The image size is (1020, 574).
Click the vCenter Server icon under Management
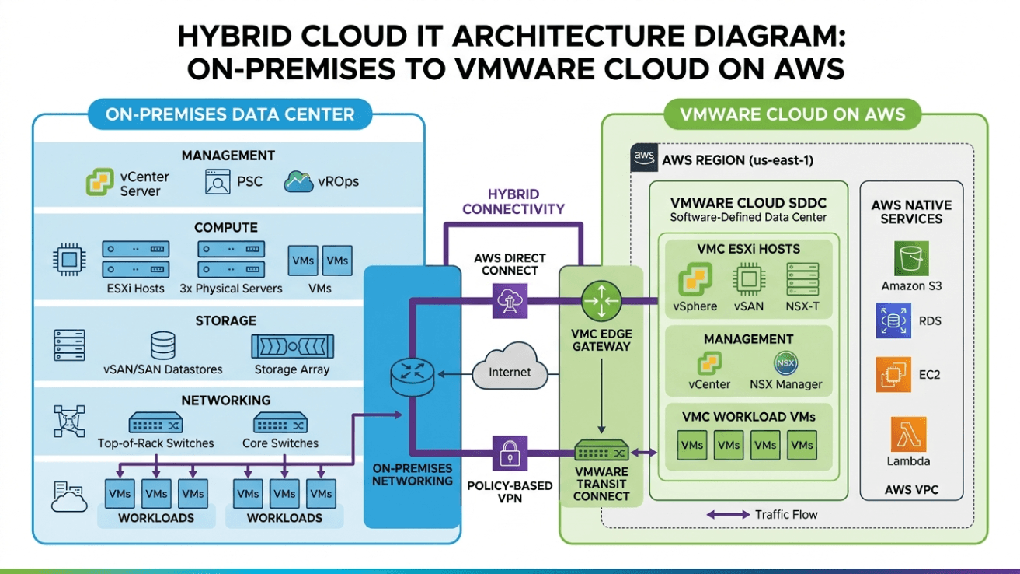(100, 181)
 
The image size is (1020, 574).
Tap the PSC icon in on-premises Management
(218, 182)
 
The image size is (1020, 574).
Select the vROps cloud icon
(299, 181)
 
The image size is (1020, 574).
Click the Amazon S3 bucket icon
(911, 258)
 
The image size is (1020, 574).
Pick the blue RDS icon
(893, 320)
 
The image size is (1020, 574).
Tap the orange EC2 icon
(893, 375)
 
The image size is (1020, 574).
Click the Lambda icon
(908, 434)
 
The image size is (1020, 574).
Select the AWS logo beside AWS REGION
(644, 158)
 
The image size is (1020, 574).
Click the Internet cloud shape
(510, 367)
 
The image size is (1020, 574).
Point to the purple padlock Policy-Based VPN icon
(510, 453)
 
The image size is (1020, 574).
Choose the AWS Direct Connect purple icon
(510, 301)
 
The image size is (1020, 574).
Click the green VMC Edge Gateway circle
(601, 301)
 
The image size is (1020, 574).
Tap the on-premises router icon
(413, 376)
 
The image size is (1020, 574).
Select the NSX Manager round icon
(786, 363)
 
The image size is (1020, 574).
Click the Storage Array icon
(292, 346)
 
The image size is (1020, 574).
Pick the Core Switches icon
(280, 422)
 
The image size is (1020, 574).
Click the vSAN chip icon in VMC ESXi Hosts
(749, 279)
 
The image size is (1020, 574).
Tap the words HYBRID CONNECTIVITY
(513, 201)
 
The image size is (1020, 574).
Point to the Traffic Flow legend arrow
(728, 515)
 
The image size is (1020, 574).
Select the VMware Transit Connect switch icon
(601, 450)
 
